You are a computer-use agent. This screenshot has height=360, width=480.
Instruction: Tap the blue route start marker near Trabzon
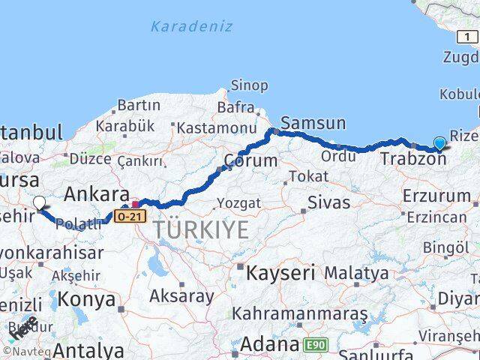(x=439, y=143)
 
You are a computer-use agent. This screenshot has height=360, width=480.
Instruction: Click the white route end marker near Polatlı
(x=39, y=202)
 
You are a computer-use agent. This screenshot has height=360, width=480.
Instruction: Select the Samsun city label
(x=313, y=123)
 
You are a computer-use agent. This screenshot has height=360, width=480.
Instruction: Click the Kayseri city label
(x=277, y=272)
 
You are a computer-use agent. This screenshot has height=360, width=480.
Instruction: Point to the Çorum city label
(x=250, y=160)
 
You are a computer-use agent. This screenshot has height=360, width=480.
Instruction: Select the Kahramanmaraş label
(x=299, y=312)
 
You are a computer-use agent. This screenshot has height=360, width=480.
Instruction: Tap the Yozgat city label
(x=238, y=202)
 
